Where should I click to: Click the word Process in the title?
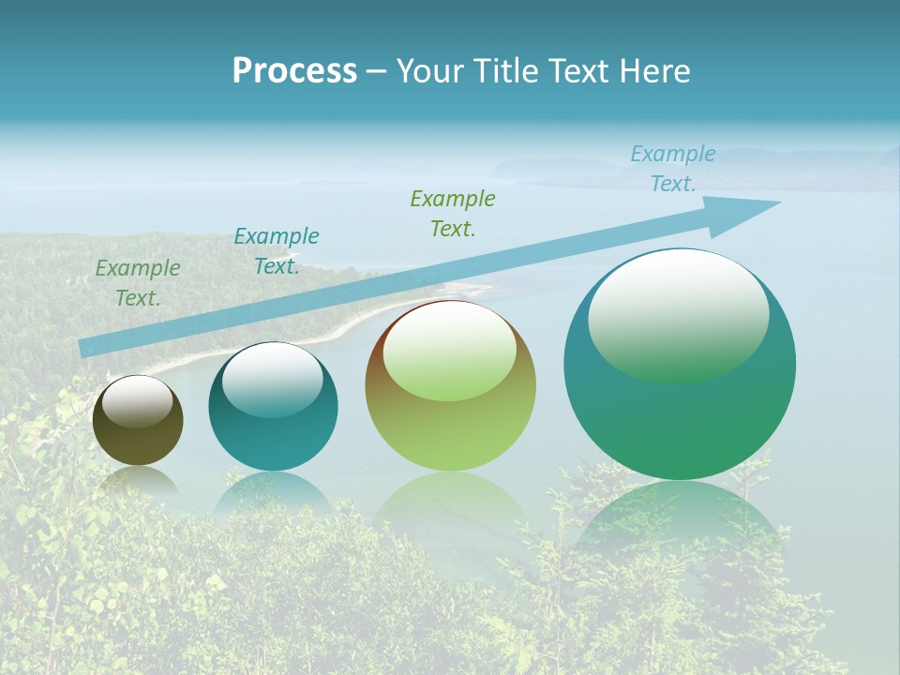coord(294,71)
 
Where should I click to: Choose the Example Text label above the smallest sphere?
coord(138,283)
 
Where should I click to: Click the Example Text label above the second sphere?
coord(277,251)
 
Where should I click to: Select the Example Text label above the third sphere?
coord(453,214)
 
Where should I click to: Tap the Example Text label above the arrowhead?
coord(673,169)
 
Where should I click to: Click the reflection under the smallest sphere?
coord(138,482)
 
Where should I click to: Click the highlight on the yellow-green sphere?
coord(450,349)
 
